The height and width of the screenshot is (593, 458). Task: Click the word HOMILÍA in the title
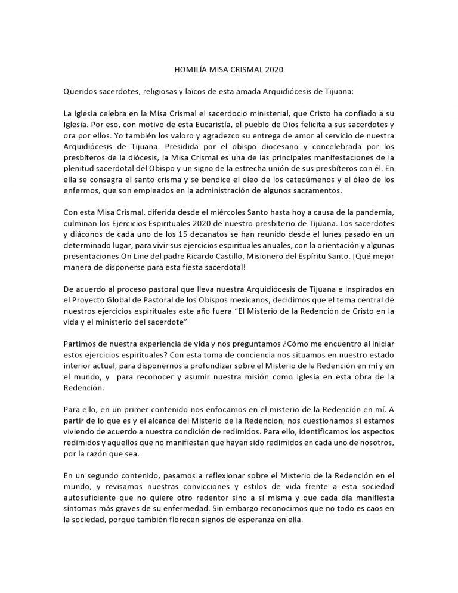tap(182, 69)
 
